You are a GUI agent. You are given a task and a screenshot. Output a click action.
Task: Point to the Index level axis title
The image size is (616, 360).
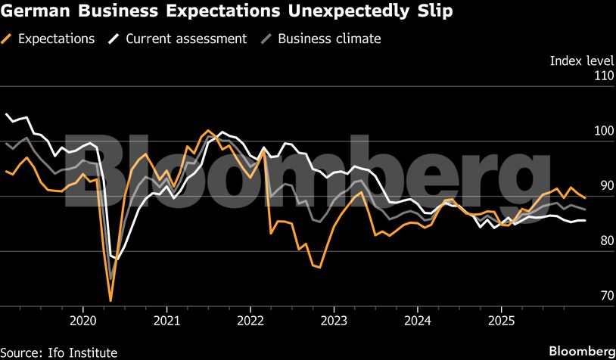580,60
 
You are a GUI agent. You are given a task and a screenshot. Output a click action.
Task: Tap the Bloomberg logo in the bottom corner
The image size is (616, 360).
581,351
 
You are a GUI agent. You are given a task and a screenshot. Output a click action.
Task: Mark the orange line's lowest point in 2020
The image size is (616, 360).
110,301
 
